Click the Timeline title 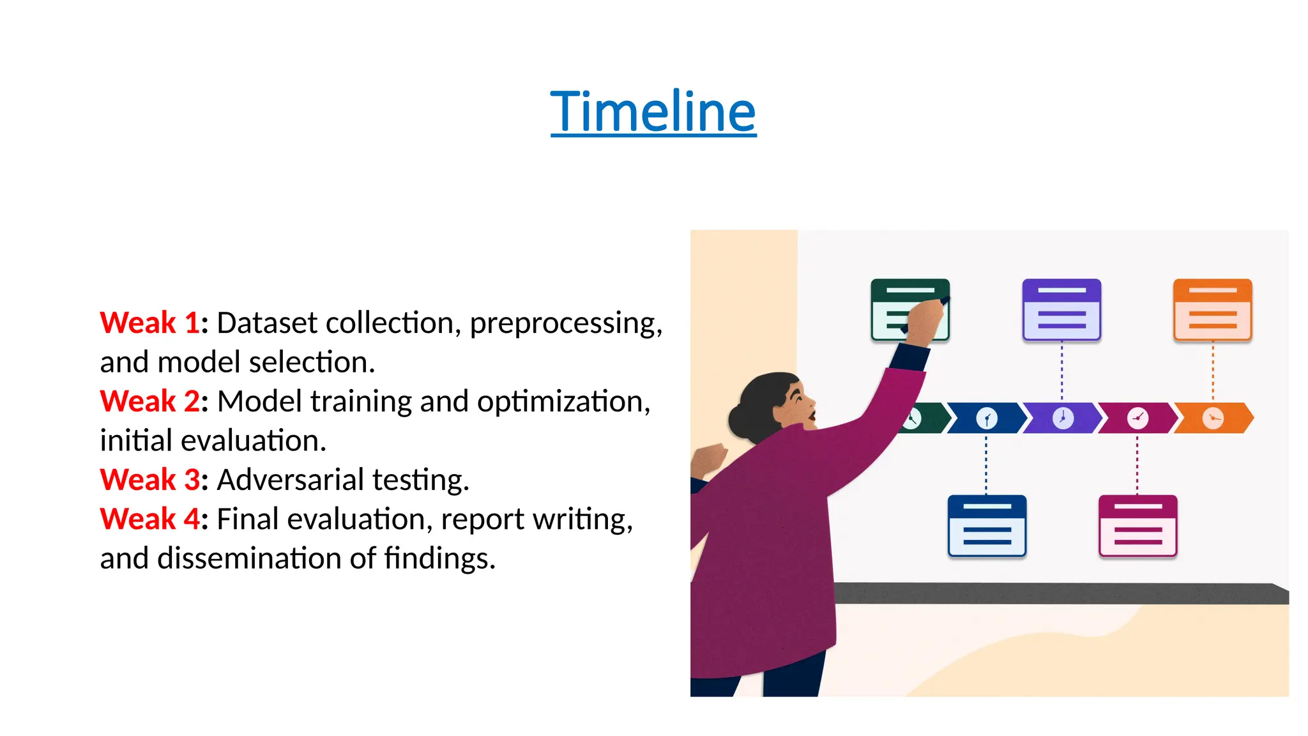pos(653,112)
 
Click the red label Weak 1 pos(149,323)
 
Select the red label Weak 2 pos(149,401)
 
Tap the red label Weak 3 pos(149,480)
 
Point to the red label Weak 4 pos(149,519)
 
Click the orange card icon pos(1212,310)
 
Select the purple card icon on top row pos(1061,310)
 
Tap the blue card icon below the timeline pos(987,526)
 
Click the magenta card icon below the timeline pos(1137,526)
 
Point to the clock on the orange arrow pos(1212,418)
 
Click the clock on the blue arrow pos(987,418)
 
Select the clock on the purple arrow pos(1063,418)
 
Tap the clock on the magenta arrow pos(1137,418)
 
